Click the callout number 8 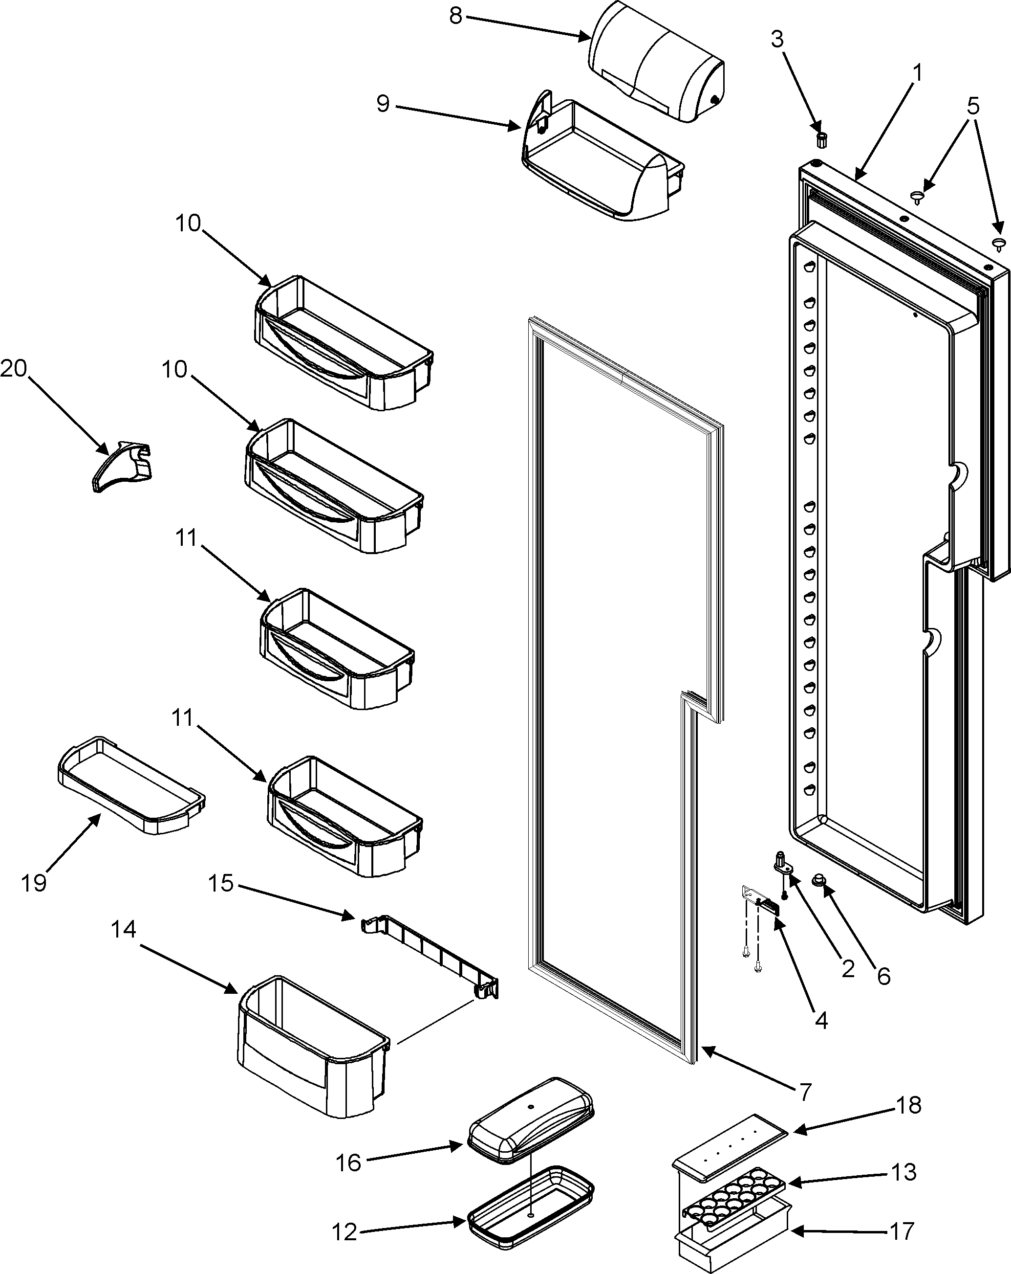tap(455, 16)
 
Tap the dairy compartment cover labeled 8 tap(659, 62)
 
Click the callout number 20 tap(13, 369)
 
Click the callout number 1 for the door tap(917, 73)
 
